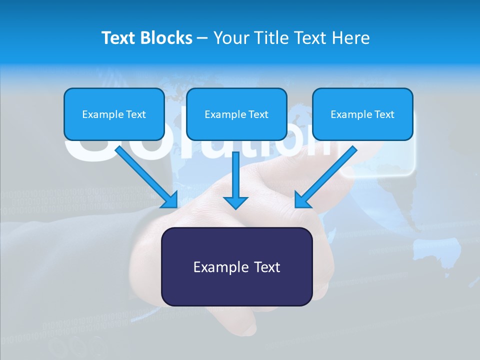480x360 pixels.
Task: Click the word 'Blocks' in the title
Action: pyautogui.click(x=167, y=38)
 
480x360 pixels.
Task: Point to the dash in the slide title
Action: pyautogui.click(x=202, y=38)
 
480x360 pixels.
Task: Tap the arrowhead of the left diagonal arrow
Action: pyautogui.click(x=170, y=200)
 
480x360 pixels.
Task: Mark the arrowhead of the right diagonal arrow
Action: pyautogui.click(x=302, y=200)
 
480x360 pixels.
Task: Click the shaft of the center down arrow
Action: pyautogui.click(x=235, y=172)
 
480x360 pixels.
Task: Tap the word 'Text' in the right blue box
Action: pyautogui.click(x=384, y=114)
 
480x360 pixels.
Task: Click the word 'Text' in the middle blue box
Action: pyautogui.click(x=258, y=114)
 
